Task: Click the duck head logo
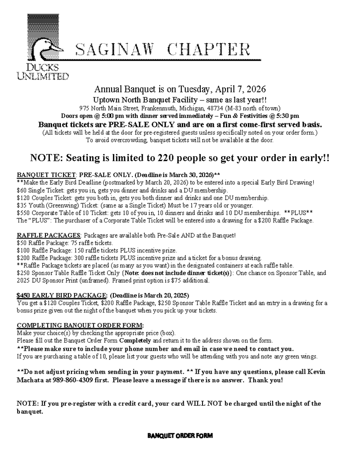[x=43, y=38]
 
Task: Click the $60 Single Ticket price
[x=22, y=190]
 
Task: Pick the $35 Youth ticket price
[x=22, y=205]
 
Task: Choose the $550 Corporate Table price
[x=23, y=213]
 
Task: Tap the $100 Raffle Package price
[x=23, y=250]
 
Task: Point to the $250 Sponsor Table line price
[x=23, y=273]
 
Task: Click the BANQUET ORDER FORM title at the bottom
[x=180, y=436]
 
